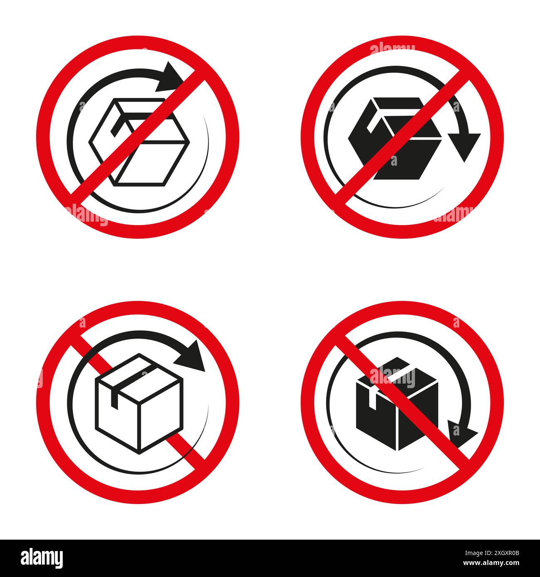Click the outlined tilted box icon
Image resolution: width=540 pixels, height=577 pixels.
pos(139,141)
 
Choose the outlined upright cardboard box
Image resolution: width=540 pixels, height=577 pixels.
pos(139,403)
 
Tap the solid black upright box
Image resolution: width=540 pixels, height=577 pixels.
pos(397,405)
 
